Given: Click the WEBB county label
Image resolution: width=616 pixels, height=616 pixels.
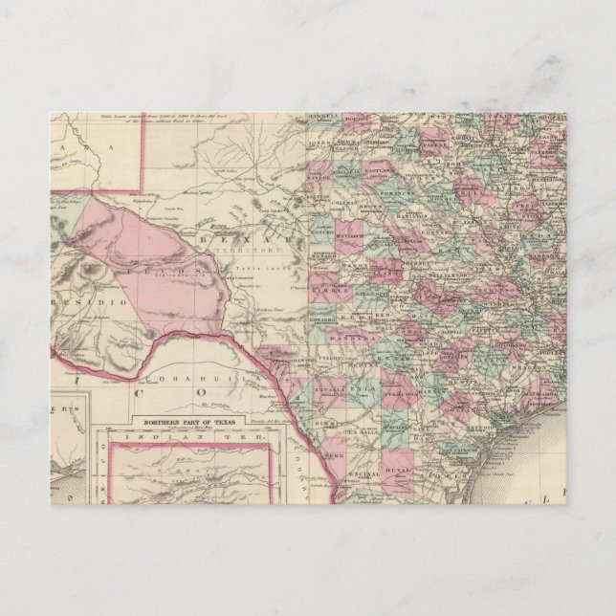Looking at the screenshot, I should click(x=331, y=457).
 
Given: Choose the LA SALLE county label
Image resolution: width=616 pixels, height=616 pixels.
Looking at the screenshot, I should click(x=364, y=429).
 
